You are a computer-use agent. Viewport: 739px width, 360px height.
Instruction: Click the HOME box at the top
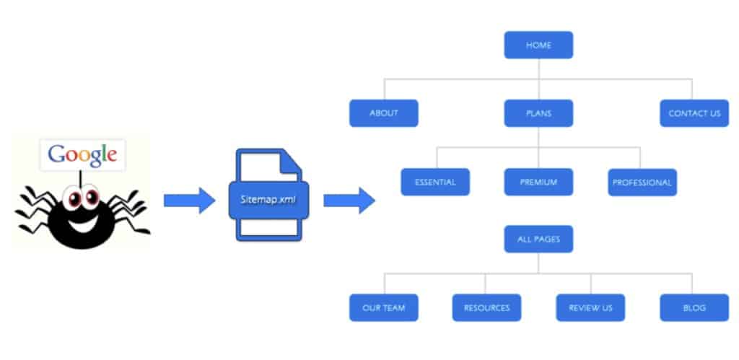538,45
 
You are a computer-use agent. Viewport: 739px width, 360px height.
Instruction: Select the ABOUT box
383,113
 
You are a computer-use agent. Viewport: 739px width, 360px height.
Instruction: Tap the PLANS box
538,113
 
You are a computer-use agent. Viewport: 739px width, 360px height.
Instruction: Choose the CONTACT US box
694,113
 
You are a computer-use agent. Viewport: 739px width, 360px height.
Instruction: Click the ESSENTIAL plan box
435,182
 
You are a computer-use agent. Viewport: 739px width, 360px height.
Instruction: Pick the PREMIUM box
538,182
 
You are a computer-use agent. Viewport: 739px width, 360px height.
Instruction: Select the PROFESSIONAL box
642,183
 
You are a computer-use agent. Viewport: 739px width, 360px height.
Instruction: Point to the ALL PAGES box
538,239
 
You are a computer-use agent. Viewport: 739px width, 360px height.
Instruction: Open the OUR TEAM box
383,307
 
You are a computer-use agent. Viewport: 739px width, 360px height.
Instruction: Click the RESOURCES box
486,307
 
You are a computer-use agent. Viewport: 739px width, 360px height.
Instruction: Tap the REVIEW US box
590,307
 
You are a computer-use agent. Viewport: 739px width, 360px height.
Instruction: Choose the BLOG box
694,307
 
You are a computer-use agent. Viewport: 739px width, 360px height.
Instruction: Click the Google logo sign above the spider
82,154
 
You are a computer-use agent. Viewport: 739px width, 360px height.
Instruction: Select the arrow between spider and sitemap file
189,200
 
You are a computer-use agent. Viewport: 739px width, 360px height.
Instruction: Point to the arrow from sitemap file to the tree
349,200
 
